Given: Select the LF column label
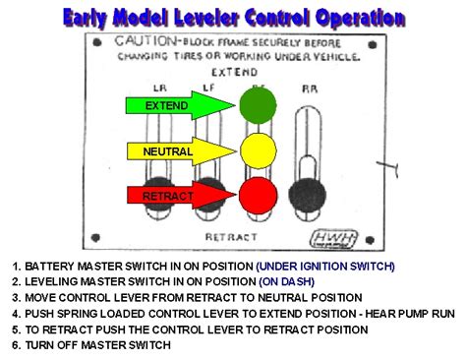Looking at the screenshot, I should pos(207,88).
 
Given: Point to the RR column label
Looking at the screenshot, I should pos(310,88).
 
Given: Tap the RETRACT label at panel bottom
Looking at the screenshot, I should pos(232,237).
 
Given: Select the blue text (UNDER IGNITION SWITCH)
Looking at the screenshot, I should pos(324,266).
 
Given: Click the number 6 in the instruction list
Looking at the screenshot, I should pos(17,344).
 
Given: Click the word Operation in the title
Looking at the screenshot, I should pos(361,18).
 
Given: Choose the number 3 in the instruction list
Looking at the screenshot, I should pos(17,297).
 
